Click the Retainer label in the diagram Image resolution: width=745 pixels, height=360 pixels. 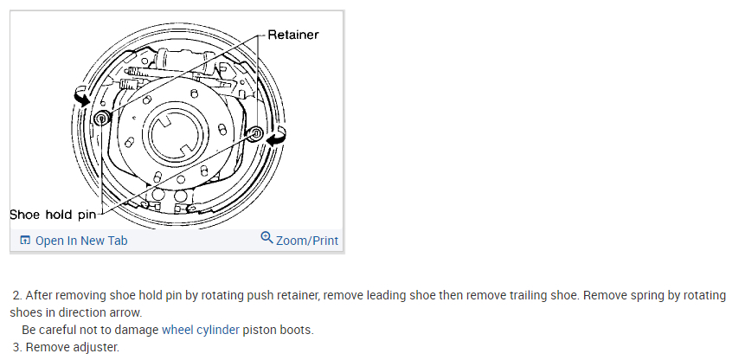293,35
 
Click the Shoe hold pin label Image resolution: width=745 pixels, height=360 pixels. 53,214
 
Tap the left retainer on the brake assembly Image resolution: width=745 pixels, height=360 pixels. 102,118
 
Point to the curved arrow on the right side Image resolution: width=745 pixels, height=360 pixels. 278,136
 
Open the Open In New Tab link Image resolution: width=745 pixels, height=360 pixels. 80,241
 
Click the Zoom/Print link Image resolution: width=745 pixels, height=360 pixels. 307,241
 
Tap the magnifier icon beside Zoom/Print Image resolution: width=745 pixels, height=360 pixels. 267,239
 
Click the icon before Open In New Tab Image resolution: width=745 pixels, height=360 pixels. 24,241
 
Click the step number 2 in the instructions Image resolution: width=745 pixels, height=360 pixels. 16,295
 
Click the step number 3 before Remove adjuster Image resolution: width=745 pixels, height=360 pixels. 16,347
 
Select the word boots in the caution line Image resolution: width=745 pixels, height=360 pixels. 294,330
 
